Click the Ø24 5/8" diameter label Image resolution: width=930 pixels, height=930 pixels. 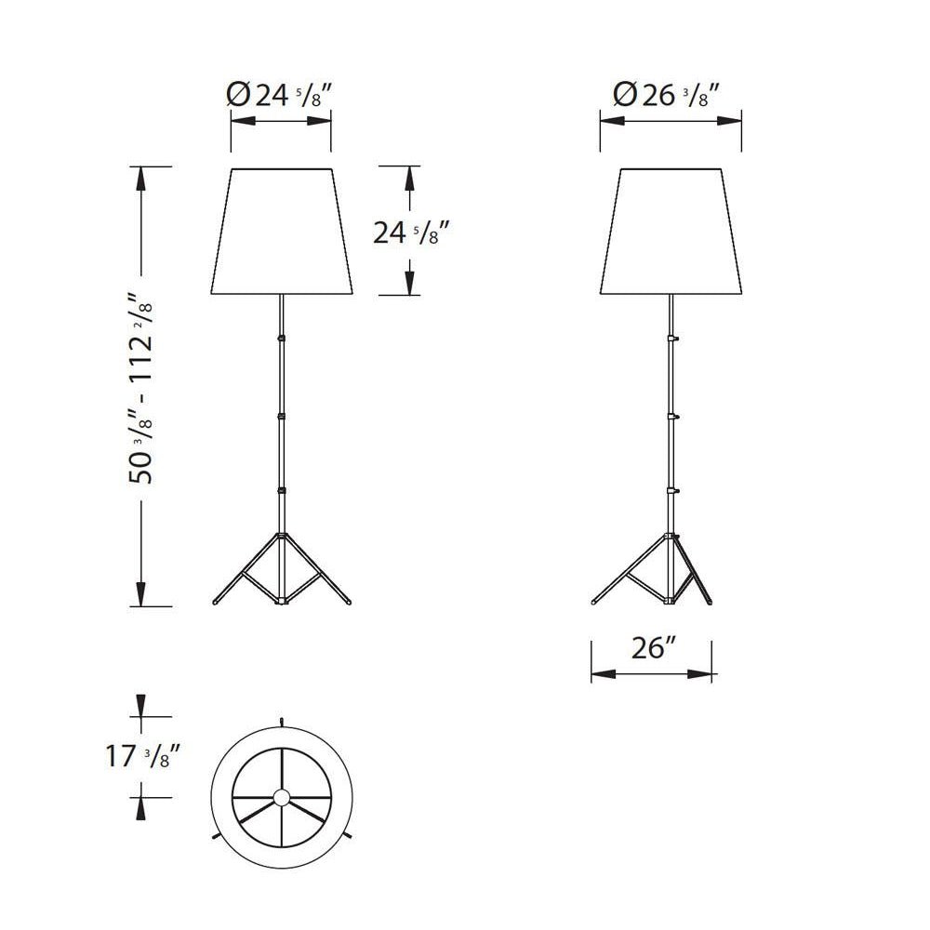click(x=279, y=95)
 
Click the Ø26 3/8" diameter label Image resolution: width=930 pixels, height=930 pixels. click(x=666, y=95)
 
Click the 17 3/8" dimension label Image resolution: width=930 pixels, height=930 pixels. click(x=141, y=756)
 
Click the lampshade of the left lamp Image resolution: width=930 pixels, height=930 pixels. click(x=282, y=232)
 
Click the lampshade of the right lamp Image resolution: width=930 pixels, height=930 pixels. click(x=671, y=232)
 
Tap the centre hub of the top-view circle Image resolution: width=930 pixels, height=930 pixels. click(x=282, y=797)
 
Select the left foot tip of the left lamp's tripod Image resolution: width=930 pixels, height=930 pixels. click(x=215, y=603)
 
